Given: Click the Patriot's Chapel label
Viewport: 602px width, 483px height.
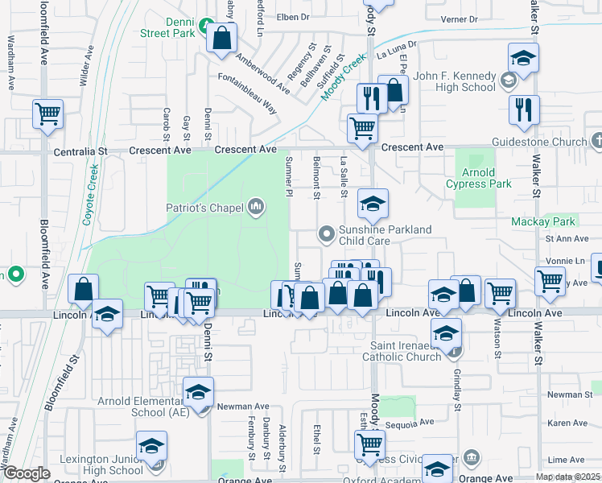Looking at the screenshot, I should point(204,208).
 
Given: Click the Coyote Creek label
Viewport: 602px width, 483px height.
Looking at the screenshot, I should point(90,195).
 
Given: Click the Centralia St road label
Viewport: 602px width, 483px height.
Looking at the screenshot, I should point(80,151).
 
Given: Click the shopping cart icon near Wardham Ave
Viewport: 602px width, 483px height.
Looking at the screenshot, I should point(48,114).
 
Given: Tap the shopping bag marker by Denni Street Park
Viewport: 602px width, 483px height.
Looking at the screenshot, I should point(221,37).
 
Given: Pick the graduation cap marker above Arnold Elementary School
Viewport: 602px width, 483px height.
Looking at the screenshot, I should point(198,392).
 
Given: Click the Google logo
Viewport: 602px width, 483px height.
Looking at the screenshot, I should point(27,474).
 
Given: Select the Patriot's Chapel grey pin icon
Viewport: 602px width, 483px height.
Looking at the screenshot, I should point(257,208).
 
